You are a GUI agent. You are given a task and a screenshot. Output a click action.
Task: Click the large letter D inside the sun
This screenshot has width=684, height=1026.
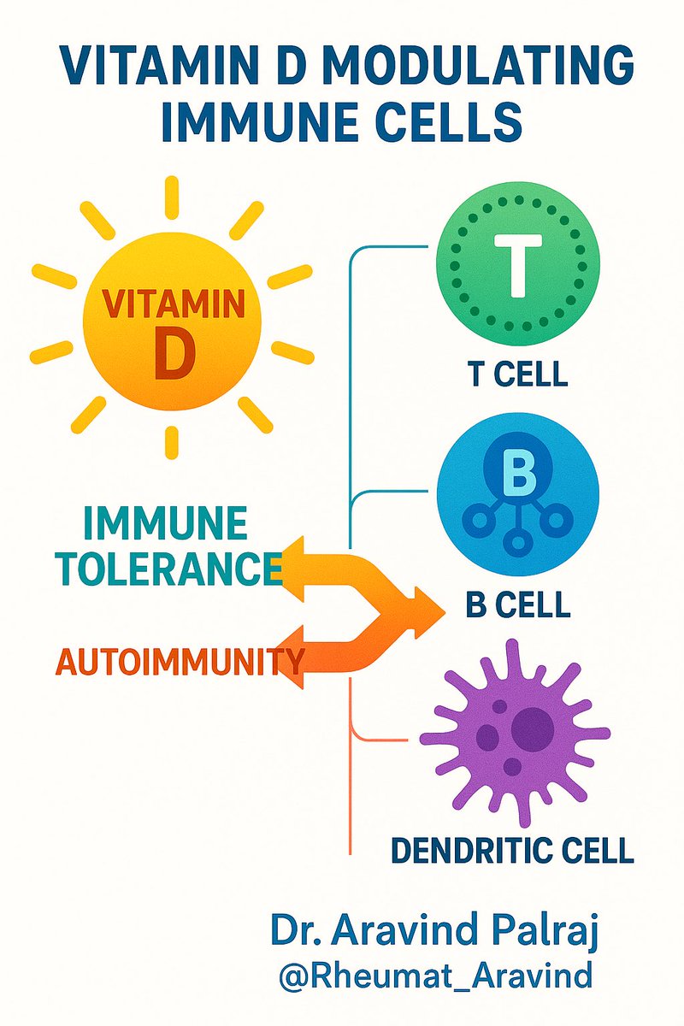click(174, 357)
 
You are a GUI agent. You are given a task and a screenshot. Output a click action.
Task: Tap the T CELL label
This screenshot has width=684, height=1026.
click(517, 374)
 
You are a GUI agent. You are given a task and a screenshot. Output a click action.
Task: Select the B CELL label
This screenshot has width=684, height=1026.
click(517, 604)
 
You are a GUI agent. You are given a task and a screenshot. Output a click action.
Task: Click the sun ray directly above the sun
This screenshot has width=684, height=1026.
click(172, 194)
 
